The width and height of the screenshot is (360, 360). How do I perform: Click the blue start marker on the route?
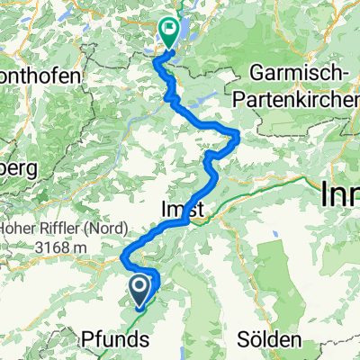point(140,289)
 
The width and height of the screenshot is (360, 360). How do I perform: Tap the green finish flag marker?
point(167,30)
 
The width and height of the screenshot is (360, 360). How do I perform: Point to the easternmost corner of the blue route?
point(238,135)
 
